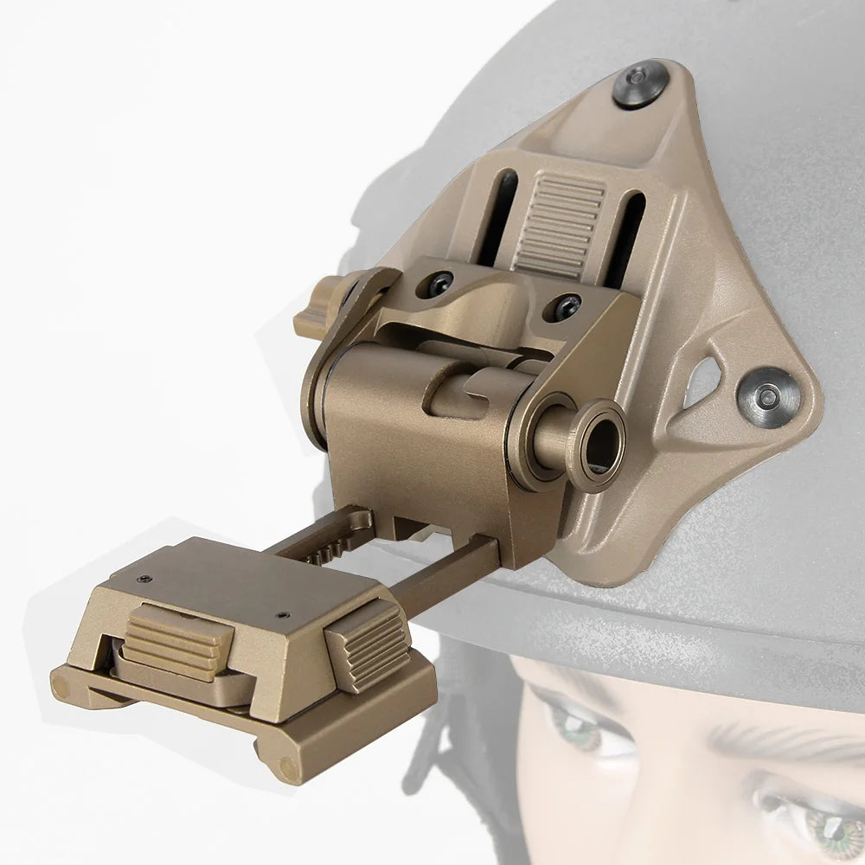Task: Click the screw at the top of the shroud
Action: tap(638, 85)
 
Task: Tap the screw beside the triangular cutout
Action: tap(767, 396)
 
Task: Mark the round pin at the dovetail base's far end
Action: tap(61, 688)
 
